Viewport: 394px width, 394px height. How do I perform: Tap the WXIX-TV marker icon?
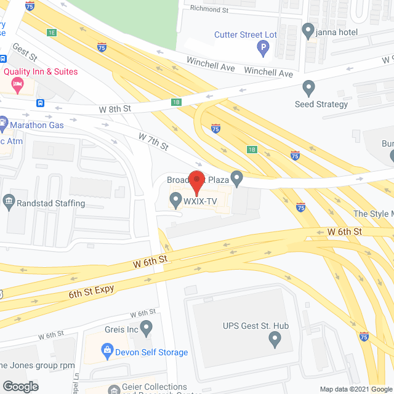pyautogui.click(x=175, y=199)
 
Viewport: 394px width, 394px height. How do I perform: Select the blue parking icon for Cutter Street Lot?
pyautogui.click(x=263, y=47)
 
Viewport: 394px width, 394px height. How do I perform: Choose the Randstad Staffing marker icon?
pyautogui.click(x=9, y=200)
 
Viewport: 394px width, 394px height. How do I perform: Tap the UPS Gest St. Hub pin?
pyautogui.click(x=274, y=338)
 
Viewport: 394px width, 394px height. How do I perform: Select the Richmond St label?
pyautogui.click(x=209, y=9)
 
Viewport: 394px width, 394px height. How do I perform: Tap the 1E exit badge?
pyautogui.click(x=51, y=31)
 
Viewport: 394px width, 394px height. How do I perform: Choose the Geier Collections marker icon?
pyautogui.click(x=114, y=390)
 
